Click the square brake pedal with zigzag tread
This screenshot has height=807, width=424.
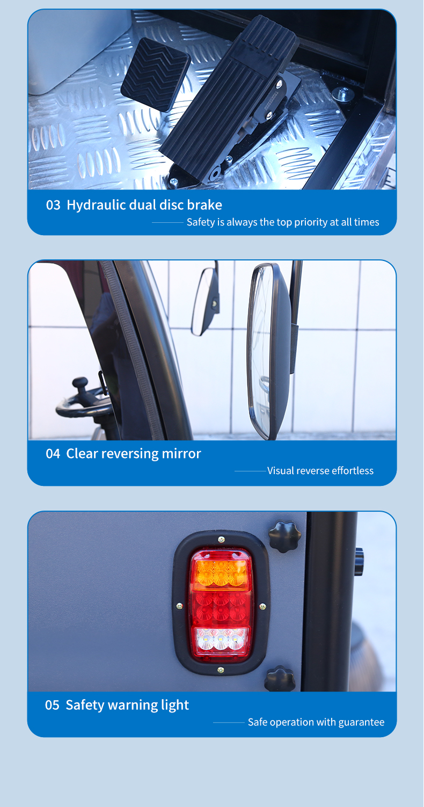pyautogui.click(x=155, y=74)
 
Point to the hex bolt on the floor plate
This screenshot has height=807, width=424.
pyautogui.click(x=343, y=93)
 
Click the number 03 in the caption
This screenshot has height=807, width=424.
pyautogui.click(x=53, y=205)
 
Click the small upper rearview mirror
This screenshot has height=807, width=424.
pyautogui.click(x=206, y=301)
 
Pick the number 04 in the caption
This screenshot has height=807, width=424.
pyautogui.click(x=53, y=454)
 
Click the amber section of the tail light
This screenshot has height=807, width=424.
pyautogui.click(x=221, y=572)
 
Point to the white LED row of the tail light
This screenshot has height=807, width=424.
pyautogui.click(x=221, y=640)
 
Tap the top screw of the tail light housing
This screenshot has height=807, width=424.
pyautogui.click(x=221, y=539)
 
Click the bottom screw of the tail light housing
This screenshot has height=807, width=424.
pyautogui.click(x=221, y=670)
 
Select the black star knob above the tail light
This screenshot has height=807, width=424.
pyautogui.click(x=284, y=536)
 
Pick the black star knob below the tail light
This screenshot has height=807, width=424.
pyautogui.click(x=280, y=679)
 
